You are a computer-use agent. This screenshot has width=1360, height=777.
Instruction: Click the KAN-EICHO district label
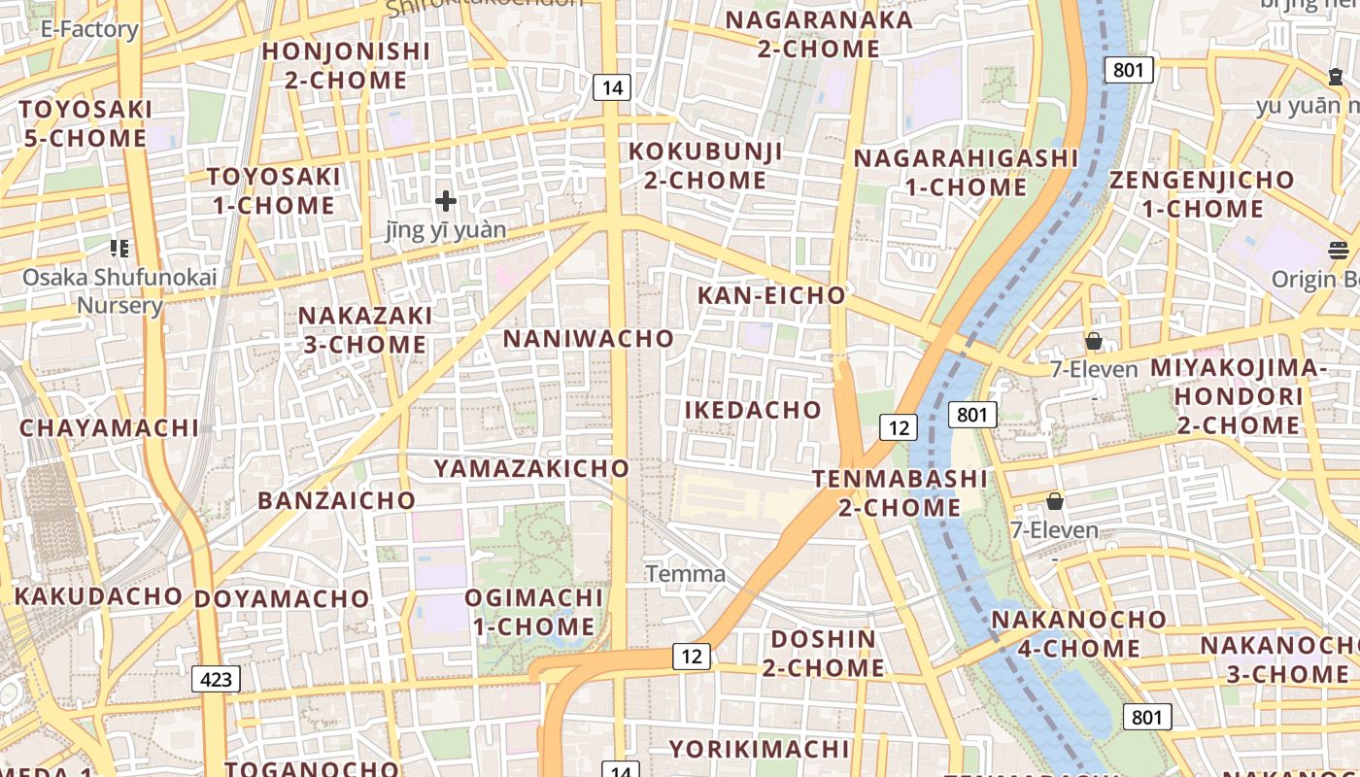(x=772, y=295)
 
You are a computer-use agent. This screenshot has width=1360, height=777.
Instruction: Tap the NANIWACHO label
(x=589, y=339)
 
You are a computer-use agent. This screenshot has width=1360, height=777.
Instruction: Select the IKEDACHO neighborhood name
(x=753, y=410)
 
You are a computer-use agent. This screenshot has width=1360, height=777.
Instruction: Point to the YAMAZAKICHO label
(x=532, y=468)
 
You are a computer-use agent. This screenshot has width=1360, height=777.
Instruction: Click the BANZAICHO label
(x=336, y=501)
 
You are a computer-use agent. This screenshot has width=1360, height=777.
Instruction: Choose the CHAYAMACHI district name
(x=109, y=428)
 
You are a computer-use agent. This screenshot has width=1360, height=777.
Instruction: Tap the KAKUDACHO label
(x=99, y=595)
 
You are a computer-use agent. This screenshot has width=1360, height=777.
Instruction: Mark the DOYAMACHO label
(x=282, y=599)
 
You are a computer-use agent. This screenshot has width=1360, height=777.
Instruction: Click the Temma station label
(x=686, y=574)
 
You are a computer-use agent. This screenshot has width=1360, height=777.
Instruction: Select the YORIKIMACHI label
(x=760, y=749)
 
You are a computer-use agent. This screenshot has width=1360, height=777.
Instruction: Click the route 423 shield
(x=216, y=678)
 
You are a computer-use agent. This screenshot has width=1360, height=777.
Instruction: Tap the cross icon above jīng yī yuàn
(x=446, y=201)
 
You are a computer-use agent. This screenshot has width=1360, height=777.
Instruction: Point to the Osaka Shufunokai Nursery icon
(x=119, y=249)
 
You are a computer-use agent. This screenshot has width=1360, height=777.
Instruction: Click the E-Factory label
(x=89, y=29)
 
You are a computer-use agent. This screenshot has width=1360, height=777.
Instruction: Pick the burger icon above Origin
(x=1339, y=251)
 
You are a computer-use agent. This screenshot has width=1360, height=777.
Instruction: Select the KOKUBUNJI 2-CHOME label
(x=705, y=166)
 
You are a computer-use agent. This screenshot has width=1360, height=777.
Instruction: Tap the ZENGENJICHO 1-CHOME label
(x=1202, y=194)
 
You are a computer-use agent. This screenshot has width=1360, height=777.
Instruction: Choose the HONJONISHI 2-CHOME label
(x=346, y=65)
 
